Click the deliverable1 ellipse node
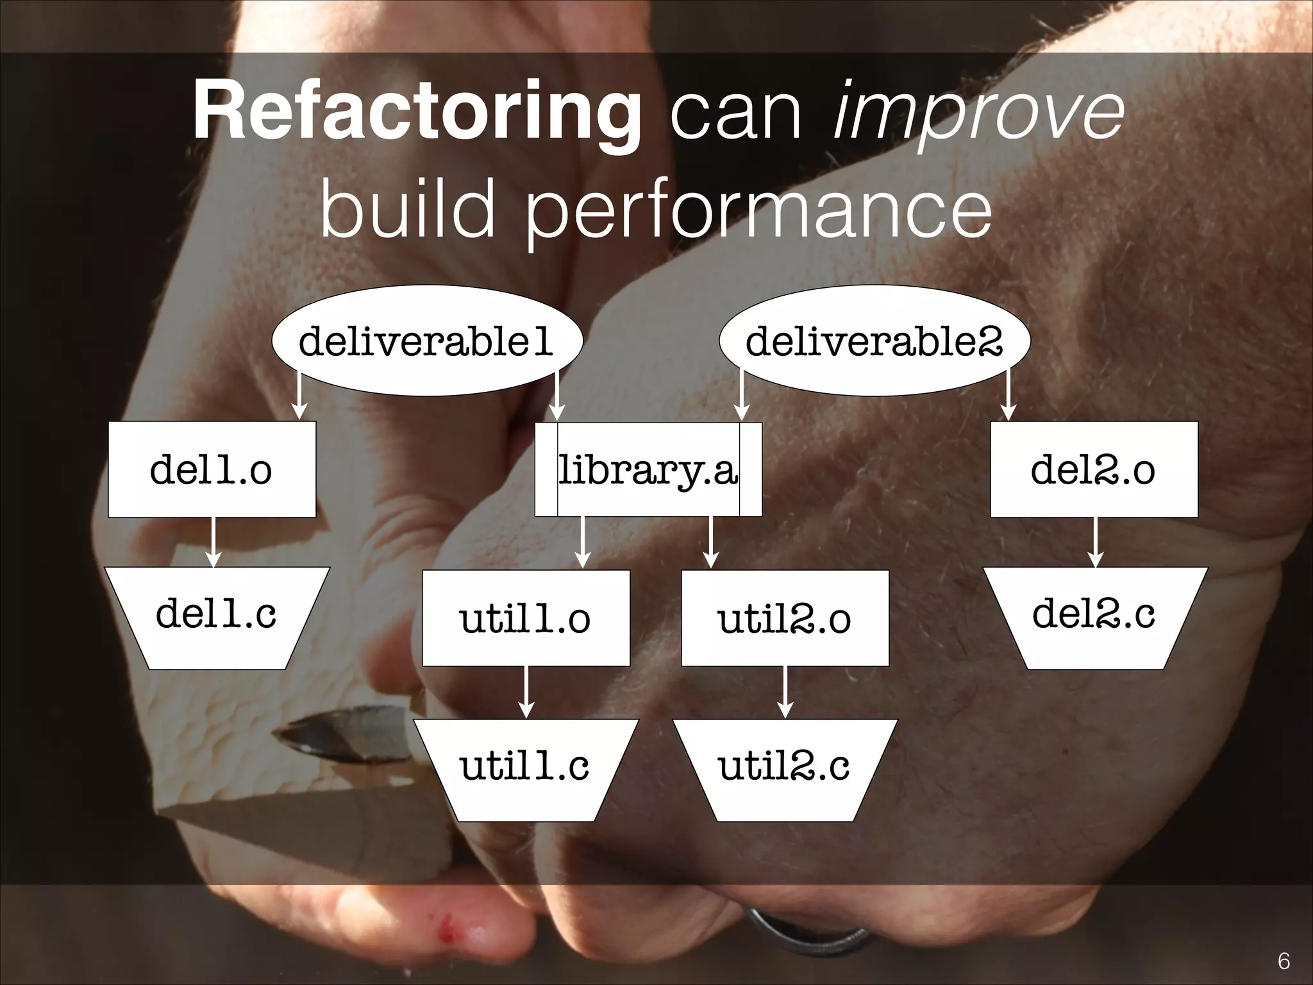pyautogui.click(x=427, y=341)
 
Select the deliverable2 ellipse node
pyautogui.click(x=874, y=341)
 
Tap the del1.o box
pyautogui.click(x=212, y=469)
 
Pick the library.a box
pyautogui.click(x=648, y=469)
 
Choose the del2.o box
pyautogui.click(x=1094, y=469)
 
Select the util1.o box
pyautogui.click(x=526, y=618)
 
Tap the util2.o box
pyautogui.click(x=785, y=618)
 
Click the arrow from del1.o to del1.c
pyautogui.click(x=213, y=542)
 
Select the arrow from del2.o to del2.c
pyautogui.click(x=1095, y=542)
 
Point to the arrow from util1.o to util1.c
pyautogui.click(x=526, y=692)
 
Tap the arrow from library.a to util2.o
pyautogui.click(x=710, y=543)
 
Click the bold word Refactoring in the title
pyautogui.click(x=417, y=115)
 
